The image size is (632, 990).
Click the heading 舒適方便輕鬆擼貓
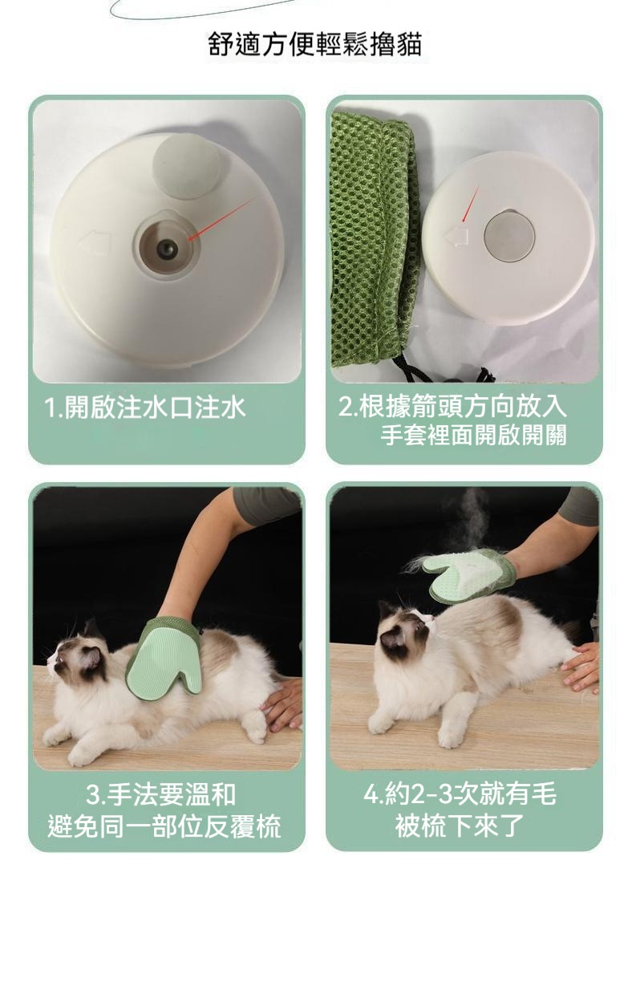[315, 45]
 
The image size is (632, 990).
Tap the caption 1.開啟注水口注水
[145, 408]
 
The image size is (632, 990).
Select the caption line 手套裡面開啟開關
[473, 435]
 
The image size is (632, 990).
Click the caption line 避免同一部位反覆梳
[164, 826]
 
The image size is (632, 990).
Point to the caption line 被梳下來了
[460, 826]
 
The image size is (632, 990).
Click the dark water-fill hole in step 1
[167, 250]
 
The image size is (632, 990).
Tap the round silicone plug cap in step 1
[187, 167]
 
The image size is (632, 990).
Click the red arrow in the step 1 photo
[222, 218]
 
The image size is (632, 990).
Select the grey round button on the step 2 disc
[509, 236]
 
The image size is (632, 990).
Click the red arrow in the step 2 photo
[471, 204]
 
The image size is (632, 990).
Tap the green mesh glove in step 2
[375, 241]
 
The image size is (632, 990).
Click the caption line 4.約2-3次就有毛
[460, 793]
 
